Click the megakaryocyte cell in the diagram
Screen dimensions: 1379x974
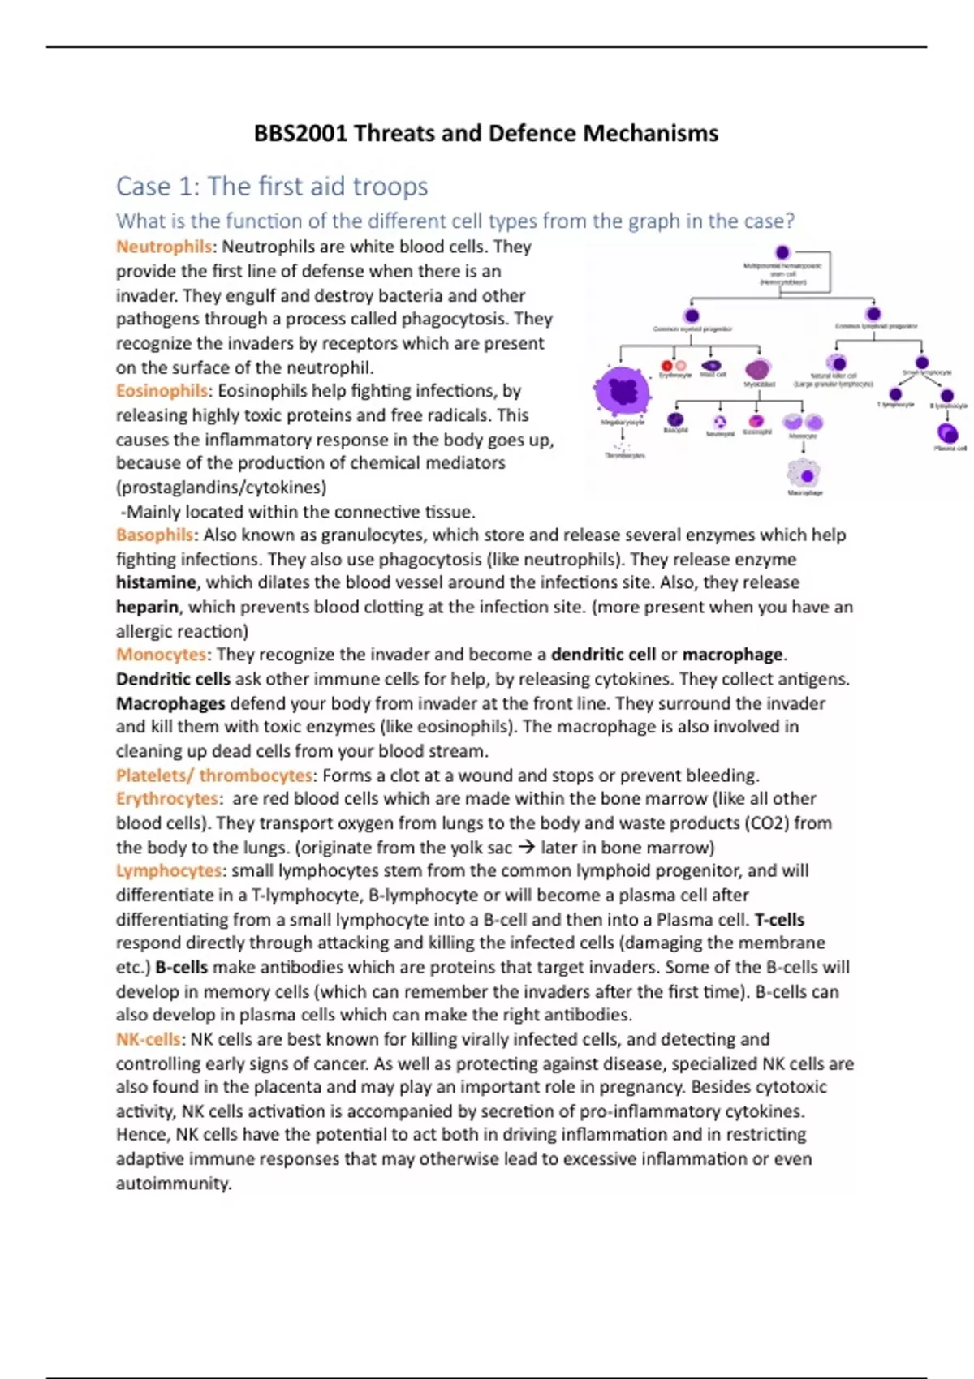click(623, 392)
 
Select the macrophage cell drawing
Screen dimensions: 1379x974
click(804, 473)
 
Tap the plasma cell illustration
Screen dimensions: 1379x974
click(947, 434)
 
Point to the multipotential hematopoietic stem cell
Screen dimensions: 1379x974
click(782, 252)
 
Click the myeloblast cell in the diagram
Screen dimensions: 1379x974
click(758, 369)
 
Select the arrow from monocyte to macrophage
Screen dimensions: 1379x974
click(804, 447)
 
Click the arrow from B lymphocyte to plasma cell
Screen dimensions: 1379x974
click(947, 415)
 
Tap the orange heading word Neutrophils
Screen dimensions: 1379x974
click(163, 247)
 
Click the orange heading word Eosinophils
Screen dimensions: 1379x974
click(162, 391)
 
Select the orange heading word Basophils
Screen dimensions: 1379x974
click(154, 535)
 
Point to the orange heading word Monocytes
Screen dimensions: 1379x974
click(161, 655)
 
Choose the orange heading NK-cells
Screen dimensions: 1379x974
click(149, 1039)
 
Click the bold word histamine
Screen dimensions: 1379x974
click(156, 582)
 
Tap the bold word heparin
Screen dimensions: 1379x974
click(147, 607)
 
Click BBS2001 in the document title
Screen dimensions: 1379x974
click(300, 133)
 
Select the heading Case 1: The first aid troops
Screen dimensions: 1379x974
click(272, 187)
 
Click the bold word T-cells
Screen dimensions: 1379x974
click(779, 920)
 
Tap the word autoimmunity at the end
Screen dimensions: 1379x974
click(173, 1184)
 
